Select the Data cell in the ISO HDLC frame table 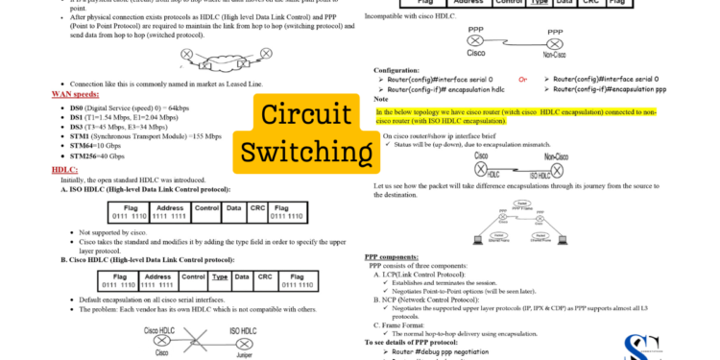coord(233,208)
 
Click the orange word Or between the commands coord(523,79)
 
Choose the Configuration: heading coord(396,69)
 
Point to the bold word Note coord(381,99)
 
